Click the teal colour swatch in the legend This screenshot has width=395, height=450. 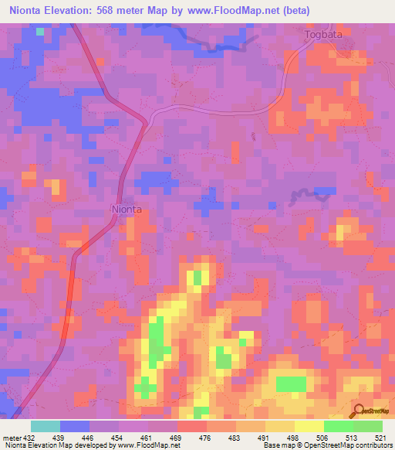46,426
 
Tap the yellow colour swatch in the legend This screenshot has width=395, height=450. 309,426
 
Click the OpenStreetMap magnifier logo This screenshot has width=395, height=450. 360,411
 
